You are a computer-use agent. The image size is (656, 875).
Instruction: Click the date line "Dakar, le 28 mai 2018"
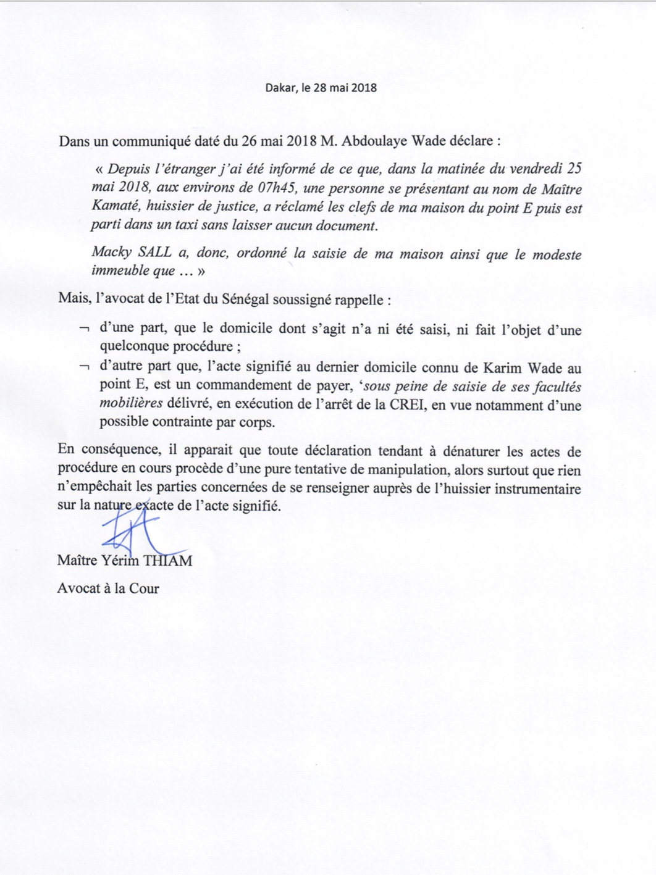click(x=321, y=87)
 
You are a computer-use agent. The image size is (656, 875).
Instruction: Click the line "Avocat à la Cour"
click(x=108, y=588)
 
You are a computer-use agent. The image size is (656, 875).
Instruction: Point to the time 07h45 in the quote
click(x=279, y=189)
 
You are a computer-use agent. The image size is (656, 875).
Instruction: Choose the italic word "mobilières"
click(x=131, y=405)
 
